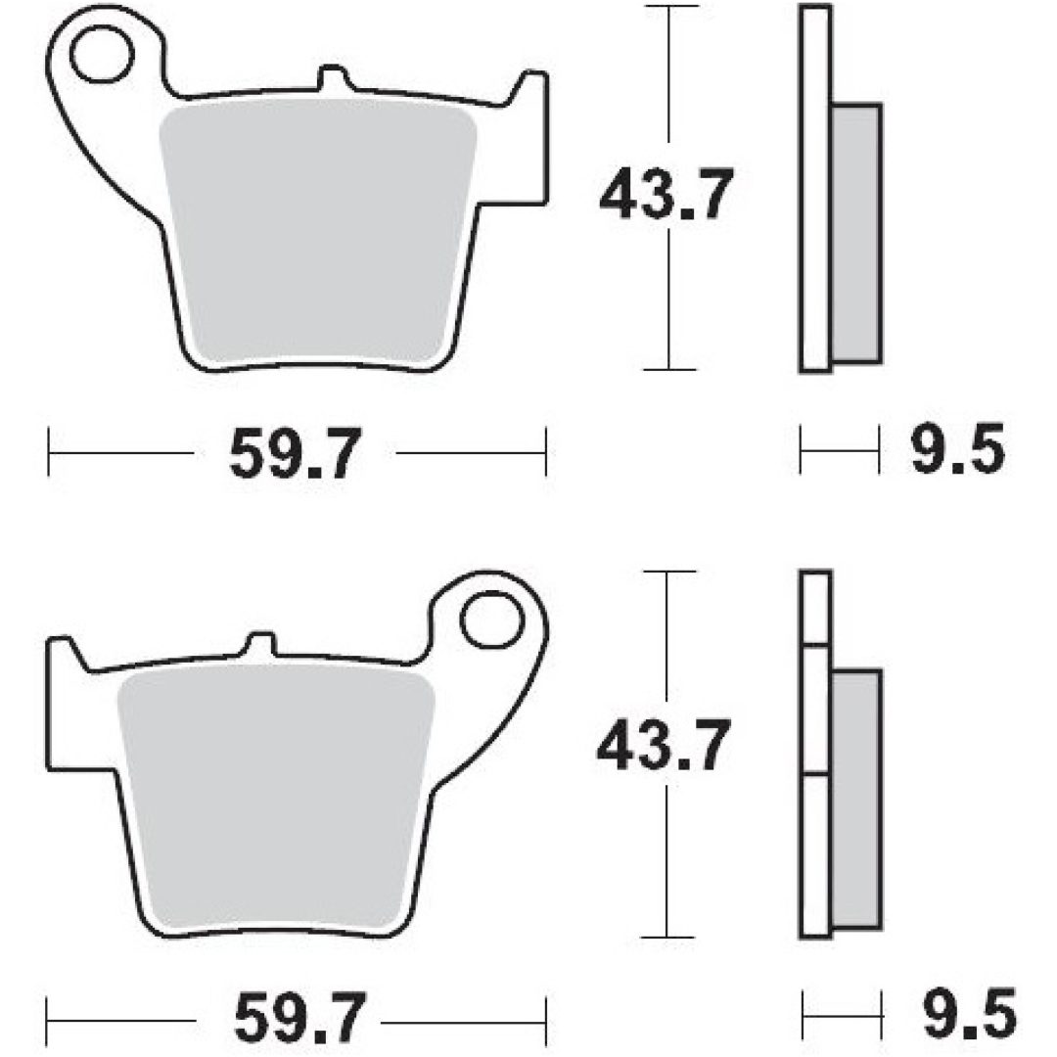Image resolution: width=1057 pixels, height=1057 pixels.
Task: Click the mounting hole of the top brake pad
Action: pyautogui.click(x=101, y=55)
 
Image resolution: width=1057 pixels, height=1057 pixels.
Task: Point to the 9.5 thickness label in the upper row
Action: pyautogui.click(x=957, y=448)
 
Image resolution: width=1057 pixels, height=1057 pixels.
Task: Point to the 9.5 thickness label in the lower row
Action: pyautogui.click(x=969, y=1013)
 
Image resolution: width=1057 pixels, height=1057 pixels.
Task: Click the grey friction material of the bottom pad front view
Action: pyautogui.click(x=275, y=799)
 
